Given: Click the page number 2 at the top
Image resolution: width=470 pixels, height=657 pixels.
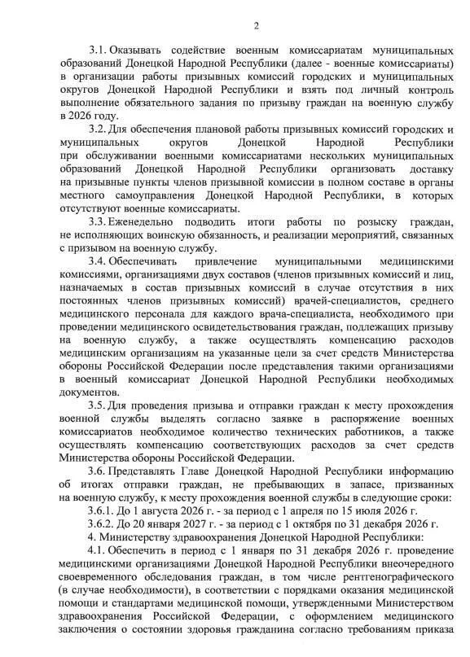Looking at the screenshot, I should [255, 28].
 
